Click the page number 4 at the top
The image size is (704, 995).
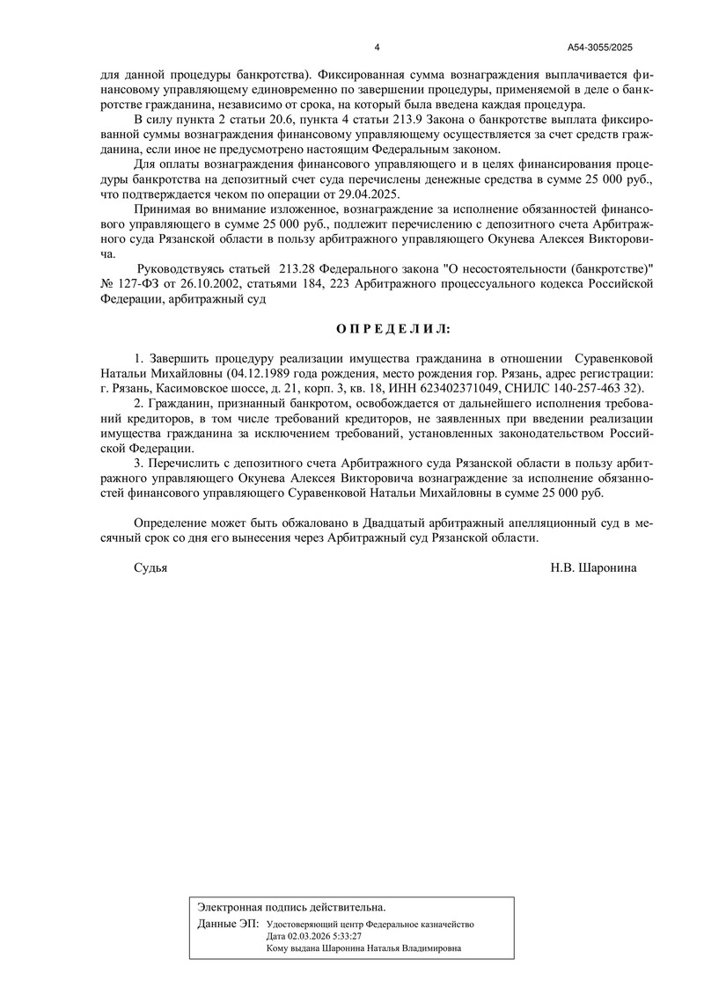coord(377,48)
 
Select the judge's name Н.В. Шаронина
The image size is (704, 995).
coord(594,568)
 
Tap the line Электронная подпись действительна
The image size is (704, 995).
coord(291,906)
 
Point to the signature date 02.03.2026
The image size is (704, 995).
coord(304,936)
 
